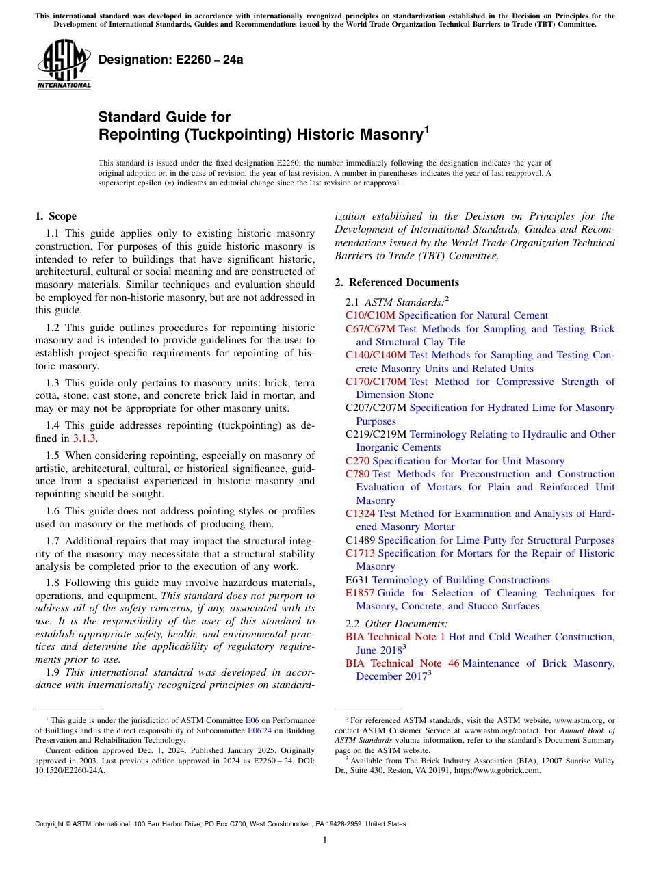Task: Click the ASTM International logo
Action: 64,64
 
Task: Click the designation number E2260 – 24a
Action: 170,60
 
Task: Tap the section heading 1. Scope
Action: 55,216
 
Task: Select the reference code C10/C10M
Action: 370,315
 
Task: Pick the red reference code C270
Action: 357,461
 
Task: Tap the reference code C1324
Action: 360,514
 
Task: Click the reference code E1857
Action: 360,593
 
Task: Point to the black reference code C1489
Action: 360,540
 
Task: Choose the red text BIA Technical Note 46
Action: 402,663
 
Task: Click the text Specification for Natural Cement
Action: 473,315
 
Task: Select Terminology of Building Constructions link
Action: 460,580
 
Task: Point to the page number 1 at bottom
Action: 325,841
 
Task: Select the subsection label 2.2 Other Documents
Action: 397,624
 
